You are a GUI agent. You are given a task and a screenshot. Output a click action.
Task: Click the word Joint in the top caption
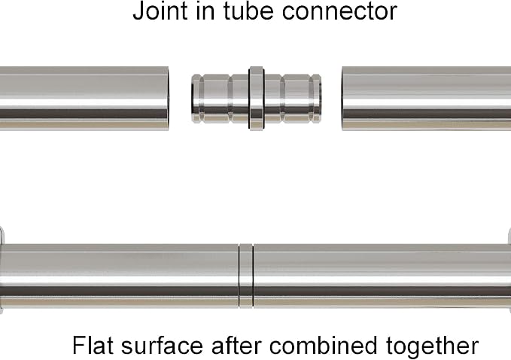coord(160,11)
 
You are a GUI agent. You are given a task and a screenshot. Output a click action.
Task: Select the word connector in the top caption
coord(339,12)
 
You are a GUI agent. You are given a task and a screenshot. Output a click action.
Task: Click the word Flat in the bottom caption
coord(93,345)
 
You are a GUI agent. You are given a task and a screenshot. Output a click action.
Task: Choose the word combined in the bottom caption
coord(324,345)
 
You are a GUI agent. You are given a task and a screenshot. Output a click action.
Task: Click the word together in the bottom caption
coord(433,347)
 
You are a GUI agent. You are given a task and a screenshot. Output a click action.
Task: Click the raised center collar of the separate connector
coord(257,99)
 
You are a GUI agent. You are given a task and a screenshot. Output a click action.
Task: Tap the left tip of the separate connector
coord(192,99)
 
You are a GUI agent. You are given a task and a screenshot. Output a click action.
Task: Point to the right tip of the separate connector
coord(321,99)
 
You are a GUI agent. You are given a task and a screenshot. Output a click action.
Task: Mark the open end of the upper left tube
coord(168,99)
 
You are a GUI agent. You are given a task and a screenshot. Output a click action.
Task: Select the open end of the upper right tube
coord(342,99)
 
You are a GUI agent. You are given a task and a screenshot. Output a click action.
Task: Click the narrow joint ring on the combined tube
coord(246,276)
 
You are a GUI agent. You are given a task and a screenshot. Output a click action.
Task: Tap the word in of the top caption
coord(205,11)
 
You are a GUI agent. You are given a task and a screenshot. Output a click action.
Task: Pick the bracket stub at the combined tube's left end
coord(2,270)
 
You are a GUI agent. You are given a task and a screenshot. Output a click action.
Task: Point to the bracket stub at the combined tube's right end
coord(509,270)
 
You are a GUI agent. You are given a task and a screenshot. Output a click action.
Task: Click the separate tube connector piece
coord(257,99)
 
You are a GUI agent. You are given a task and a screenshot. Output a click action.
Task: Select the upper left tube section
coord(84,99)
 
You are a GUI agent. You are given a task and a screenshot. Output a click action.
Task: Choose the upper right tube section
coord(426,99)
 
